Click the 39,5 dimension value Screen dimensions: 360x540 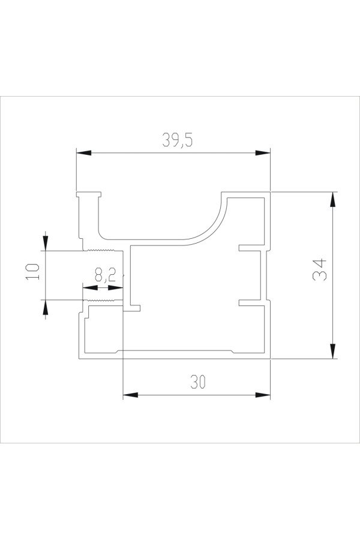(x=178, y=140)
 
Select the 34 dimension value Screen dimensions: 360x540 (x=319, y=269)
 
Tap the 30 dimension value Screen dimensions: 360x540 (x=198, y=382)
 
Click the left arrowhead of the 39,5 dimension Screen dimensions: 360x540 (x=84, y=153)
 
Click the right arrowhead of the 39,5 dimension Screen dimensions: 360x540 (x=263, y=153)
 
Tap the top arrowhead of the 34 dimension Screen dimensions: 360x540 (x=332, y=199)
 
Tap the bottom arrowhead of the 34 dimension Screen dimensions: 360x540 (x=332, y=351)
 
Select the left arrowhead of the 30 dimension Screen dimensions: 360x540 (x=131, y=395)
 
